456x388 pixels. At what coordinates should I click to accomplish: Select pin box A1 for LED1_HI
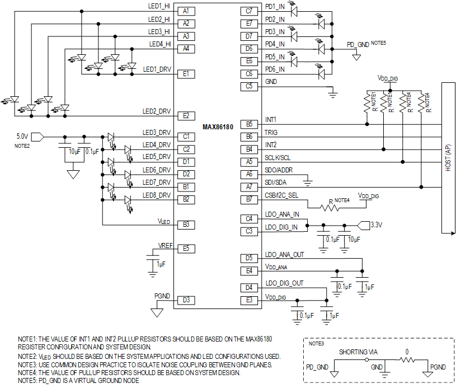(x=186, y=11)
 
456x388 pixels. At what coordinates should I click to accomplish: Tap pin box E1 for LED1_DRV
(x=186, y=74)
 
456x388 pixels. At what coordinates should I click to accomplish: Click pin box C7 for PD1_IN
(x=249, y=11)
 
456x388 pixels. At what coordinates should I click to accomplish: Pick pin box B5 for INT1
(x=249, y=124)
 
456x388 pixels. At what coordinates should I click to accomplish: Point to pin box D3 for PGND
(x=186, y=300)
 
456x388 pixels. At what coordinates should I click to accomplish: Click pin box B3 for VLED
(x=186, y=225)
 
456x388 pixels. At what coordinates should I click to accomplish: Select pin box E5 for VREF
(x=186, y=248)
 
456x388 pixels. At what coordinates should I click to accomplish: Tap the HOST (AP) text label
(x=449, y=158)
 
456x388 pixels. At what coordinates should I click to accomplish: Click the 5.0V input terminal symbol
(x=37, y=136)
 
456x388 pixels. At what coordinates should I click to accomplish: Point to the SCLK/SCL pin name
(x=279, y=158)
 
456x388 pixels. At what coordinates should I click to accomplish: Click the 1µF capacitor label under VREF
(x=161, y=264)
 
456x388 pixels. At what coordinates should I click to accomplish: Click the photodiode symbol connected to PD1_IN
(x=294, y=10)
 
